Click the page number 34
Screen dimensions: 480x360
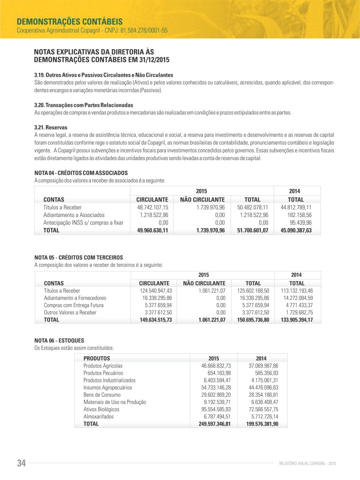pyautogui.click(x=21, y=463)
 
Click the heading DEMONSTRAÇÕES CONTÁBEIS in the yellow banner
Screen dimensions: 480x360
pyautogui.click(x=70, y=21)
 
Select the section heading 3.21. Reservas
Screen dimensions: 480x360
pyautogui.click(x=51, y=127)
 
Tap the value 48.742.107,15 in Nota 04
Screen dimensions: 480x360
pyautogui.click(x=152, y=207)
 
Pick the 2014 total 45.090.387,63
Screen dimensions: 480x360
pyautogui.click(x=296, y=230)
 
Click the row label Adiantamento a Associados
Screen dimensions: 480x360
pyautogui.click(x=74, y=215)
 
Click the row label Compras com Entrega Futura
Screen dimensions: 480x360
pyautogui.click(x=74, y=305)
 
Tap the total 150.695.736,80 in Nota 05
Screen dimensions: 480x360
pyautogui.click(x=253, y=320)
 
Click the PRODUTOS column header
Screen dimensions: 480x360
pyautogui.click(x=96, y=358)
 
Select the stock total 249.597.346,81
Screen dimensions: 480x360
pyautogui.click(x=214, y=424)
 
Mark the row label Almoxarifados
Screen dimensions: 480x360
pyautogui.click(x=98, y=417)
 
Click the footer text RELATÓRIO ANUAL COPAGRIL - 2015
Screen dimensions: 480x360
pyautogui.click(x=308, y=464)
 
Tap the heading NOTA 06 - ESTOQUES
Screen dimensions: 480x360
pyautogui.click(x=59, y=340)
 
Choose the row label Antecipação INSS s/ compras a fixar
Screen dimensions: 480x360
pyautogui.click(x=83, y=223)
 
